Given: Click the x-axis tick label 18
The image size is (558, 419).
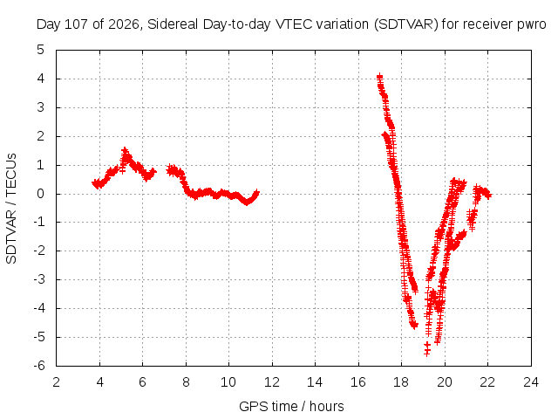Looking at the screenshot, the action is coord(401,382).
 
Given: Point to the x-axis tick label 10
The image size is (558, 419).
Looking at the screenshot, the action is coord(228,382).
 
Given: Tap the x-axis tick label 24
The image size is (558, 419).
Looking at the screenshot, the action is coord(531,382).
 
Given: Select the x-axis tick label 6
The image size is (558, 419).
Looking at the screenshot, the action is coord(142,382).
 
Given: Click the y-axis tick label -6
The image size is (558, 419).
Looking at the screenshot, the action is coord(39,366).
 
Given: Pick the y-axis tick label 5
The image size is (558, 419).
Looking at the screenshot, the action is coord(41,50).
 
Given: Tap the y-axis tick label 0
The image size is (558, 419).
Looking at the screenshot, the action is coord(41,194).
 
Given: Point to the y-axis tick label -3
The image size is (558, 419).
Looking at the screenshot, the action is coord(39,279).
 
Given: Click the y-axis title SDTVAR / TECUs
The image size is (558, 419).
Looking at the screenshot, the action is coord(11,209).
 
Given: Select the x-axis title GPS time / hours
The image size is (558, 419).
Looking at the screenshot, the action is coord(291,406).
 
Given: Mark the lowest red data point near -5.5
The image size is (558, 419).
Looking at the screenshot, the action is coord(427,353).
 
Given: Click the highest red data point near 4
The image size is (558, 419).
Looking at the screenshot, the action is coord(380,77).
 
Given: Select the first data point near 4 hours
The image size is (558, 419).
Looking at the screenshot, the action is coord(95,183).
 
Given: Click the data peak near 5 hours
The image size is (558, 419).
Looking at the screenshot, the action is coord(125,151).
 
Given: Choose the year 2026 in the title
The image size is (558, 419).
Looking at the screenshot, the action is coord(124,24).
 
